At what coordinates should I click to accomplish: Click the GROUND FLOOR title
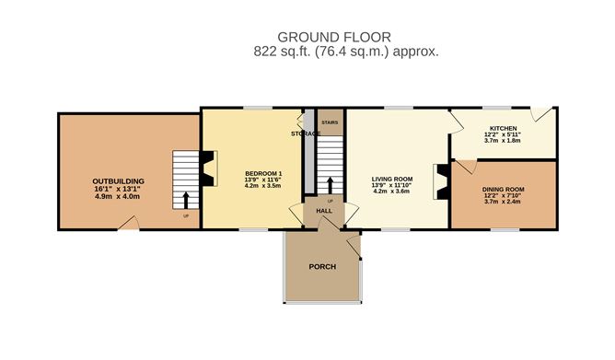tap(346, 36)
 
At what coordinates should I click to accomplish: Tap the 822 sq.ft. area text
tap(346, 52)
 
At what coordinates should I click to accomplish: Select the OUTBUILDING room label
tap(116, 180)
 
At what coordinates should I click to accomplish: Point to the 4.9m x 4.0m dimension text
tap(116, 196)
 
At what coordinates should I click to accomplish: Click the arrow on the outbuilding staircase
tap(187, 198)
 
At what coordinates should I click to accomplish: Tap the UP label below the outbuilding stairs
tap(186, 217)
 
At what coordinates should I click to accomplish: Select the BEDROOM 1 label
tap(262, 173)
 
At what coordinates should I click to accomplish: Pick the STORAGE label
tap(306, 134)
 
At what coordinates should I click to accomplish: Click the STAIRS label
tap(329, 120)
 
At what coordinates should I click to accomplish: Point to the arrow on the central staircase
tap(330, 177)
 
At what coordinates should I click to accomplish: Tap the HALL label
tap(324, 211)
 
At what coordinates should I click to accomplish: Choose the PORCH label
tap(321, 267)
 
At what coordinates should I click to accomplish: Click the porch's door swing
tap(351, 243)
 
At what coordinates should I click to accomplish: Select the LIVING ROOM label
tap(391, 179)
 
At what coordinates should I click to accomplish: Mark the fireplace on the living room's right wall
tap(444, 180)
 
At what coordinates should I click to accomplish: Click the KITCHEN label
tap(502, 128)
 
